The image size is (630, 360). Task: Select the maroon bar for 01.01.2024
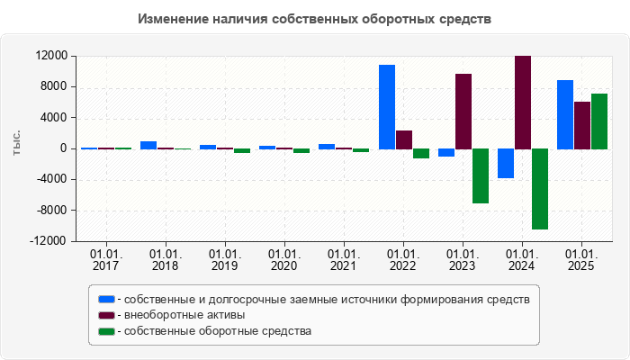(523, 102)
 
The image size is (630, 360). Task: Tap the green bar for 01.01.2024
(540, 189)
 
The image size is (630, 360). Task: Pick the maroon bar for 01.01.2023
(463, 111)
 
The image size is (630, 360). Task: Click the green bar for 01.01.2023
(481, 175)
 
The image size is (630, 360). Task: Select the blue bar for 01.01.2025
(565, 114)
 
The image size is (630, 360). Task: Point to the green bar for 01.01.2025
(599, 121)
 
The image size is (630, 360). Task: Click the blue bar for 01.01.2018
(148, 145)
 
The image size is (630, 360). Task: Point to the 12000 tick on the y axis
(51, 56)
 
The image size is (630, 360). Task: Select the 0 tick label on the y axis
(63, 148)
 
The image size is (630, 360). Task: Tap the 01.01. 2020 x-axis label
(284, 261)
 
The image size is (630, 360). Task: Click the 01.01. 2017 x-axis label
(106, 261)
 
